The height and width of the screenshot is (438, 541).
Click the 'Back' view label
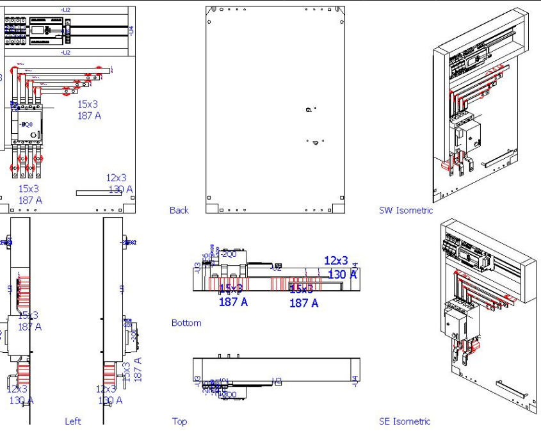click(179, 210)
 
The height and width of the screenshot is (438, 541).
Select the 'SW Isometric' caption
click(406, 210)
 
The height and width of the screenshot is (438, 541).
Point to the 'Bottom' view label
click(186, 323)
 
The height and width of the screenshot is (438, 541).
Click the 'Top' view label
click(180, 421)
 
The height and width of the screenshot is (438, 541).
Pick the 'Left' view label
click(73, 421)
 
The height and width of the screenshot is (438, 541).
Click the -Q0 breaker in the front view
click(27, 125)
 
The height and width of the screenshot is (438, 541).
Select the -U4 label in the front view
click(131, 29)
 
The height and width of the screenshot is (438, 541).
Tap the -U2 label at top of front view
click(65, 10)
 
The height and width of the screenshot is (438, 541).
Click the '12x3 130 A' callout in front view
click(119, 183)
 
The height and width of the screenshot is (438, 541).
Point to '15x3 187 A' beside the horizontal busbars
click(89, 109)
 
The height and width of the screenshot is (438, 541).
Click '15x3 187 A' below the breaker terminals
click(29, 195)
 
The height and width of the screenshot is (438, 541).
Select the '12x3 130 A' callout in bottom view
click(337, 268)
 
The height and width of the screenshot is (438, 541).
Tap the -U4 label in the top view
click(354, 380)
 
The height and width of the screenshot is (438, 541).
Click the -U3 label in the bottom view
click(197, 268)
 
